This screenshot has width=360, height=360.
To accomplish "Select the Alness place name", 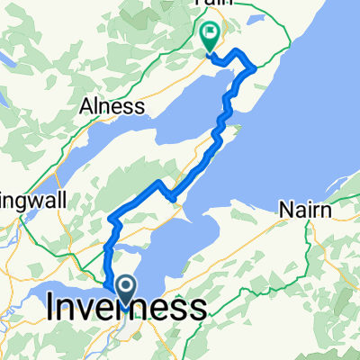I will point(113,106).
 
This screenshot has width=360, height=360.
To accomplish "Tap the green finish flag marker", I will point(210,37).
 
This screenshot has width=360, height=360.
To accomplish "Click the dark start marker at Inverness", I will point(123,288).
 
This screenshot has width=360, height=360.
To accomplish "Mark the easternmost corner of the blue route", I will point(256,67).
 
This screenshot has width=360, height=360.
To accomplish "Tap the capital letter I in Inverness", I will point(50,310).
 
